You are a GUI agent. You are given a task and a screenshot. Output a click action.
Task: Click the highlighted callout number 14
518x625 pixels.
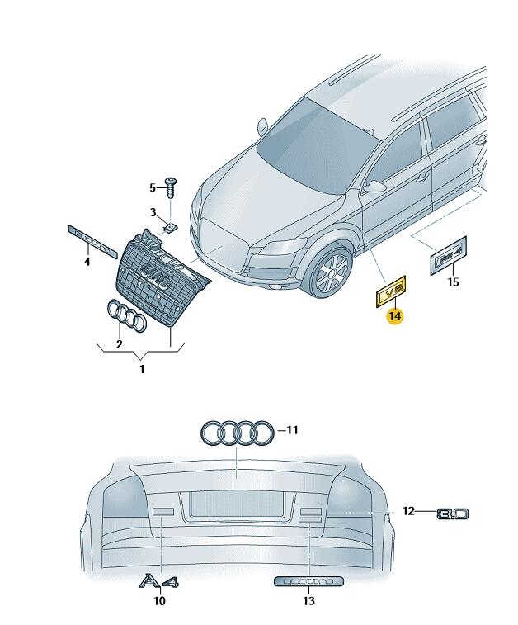(x=394, y=315)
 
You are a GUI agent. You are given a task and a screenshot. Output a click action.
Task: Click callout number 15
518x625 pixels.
(x=452, y=282)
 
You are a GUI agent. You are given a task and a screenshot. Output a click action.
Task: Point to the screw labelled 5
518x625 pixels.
(x=172, y=186)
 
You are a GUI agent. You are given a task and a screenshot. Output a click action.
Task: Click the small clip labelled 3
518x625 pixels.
(x=171, y=225)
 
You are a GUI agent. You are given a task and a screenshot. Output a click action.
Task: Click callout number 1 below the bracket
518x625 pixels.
(x=141, y=369)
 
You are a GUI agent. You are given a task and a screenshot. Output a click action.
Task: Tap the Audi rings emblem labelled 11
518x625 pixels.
(x=238, y=432)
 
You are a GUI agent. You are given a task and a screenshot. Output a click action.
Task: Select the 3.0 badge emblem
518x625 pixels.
(x=452, y=513)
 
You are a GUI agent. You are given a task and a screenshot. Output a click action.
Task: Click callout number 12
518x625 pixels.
(x=408, y=512)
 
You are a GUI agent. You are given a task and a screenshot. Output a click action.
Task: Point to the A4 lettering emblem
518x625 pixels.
(x=159, y=581)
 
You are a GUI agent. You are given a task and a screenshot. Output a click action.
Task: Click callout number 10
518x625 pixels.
(x=159, y=601)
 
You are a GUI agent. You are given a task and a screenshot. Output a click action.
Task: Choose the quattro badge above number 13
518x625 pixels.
(x=308, y=581)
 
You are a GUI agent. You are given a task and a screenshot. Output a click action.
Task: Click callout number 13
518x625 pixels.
(x=308, y=601)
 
